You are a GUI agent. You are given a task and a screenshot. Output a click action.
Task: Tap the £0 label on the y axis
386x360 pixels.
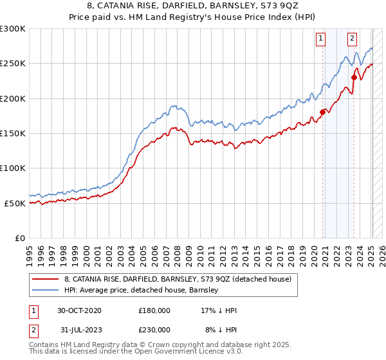click(x=21, y=238)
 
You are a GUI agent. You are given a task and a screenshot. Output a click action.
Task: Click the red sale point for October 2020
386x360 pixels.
click(x=322, y=112)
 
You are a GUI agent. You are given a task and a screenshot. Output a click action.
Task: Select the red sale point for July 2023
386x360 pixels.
click(x=354, y=77)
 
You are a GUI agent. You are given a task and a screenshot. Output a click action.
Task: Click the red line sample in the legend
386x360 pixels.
click(x=46, y=279)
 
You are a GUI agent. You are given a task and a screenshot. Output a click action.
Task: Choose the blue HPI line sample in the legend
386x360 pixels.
click(x=46, y=290)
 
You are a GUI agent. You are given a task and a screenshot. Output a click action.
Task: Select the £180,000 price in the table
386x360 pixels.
click(x=154, y=310)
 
